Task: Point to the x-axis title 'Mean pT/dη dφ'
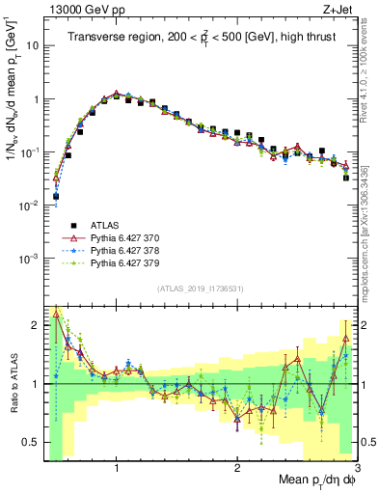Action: point(311,480)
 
